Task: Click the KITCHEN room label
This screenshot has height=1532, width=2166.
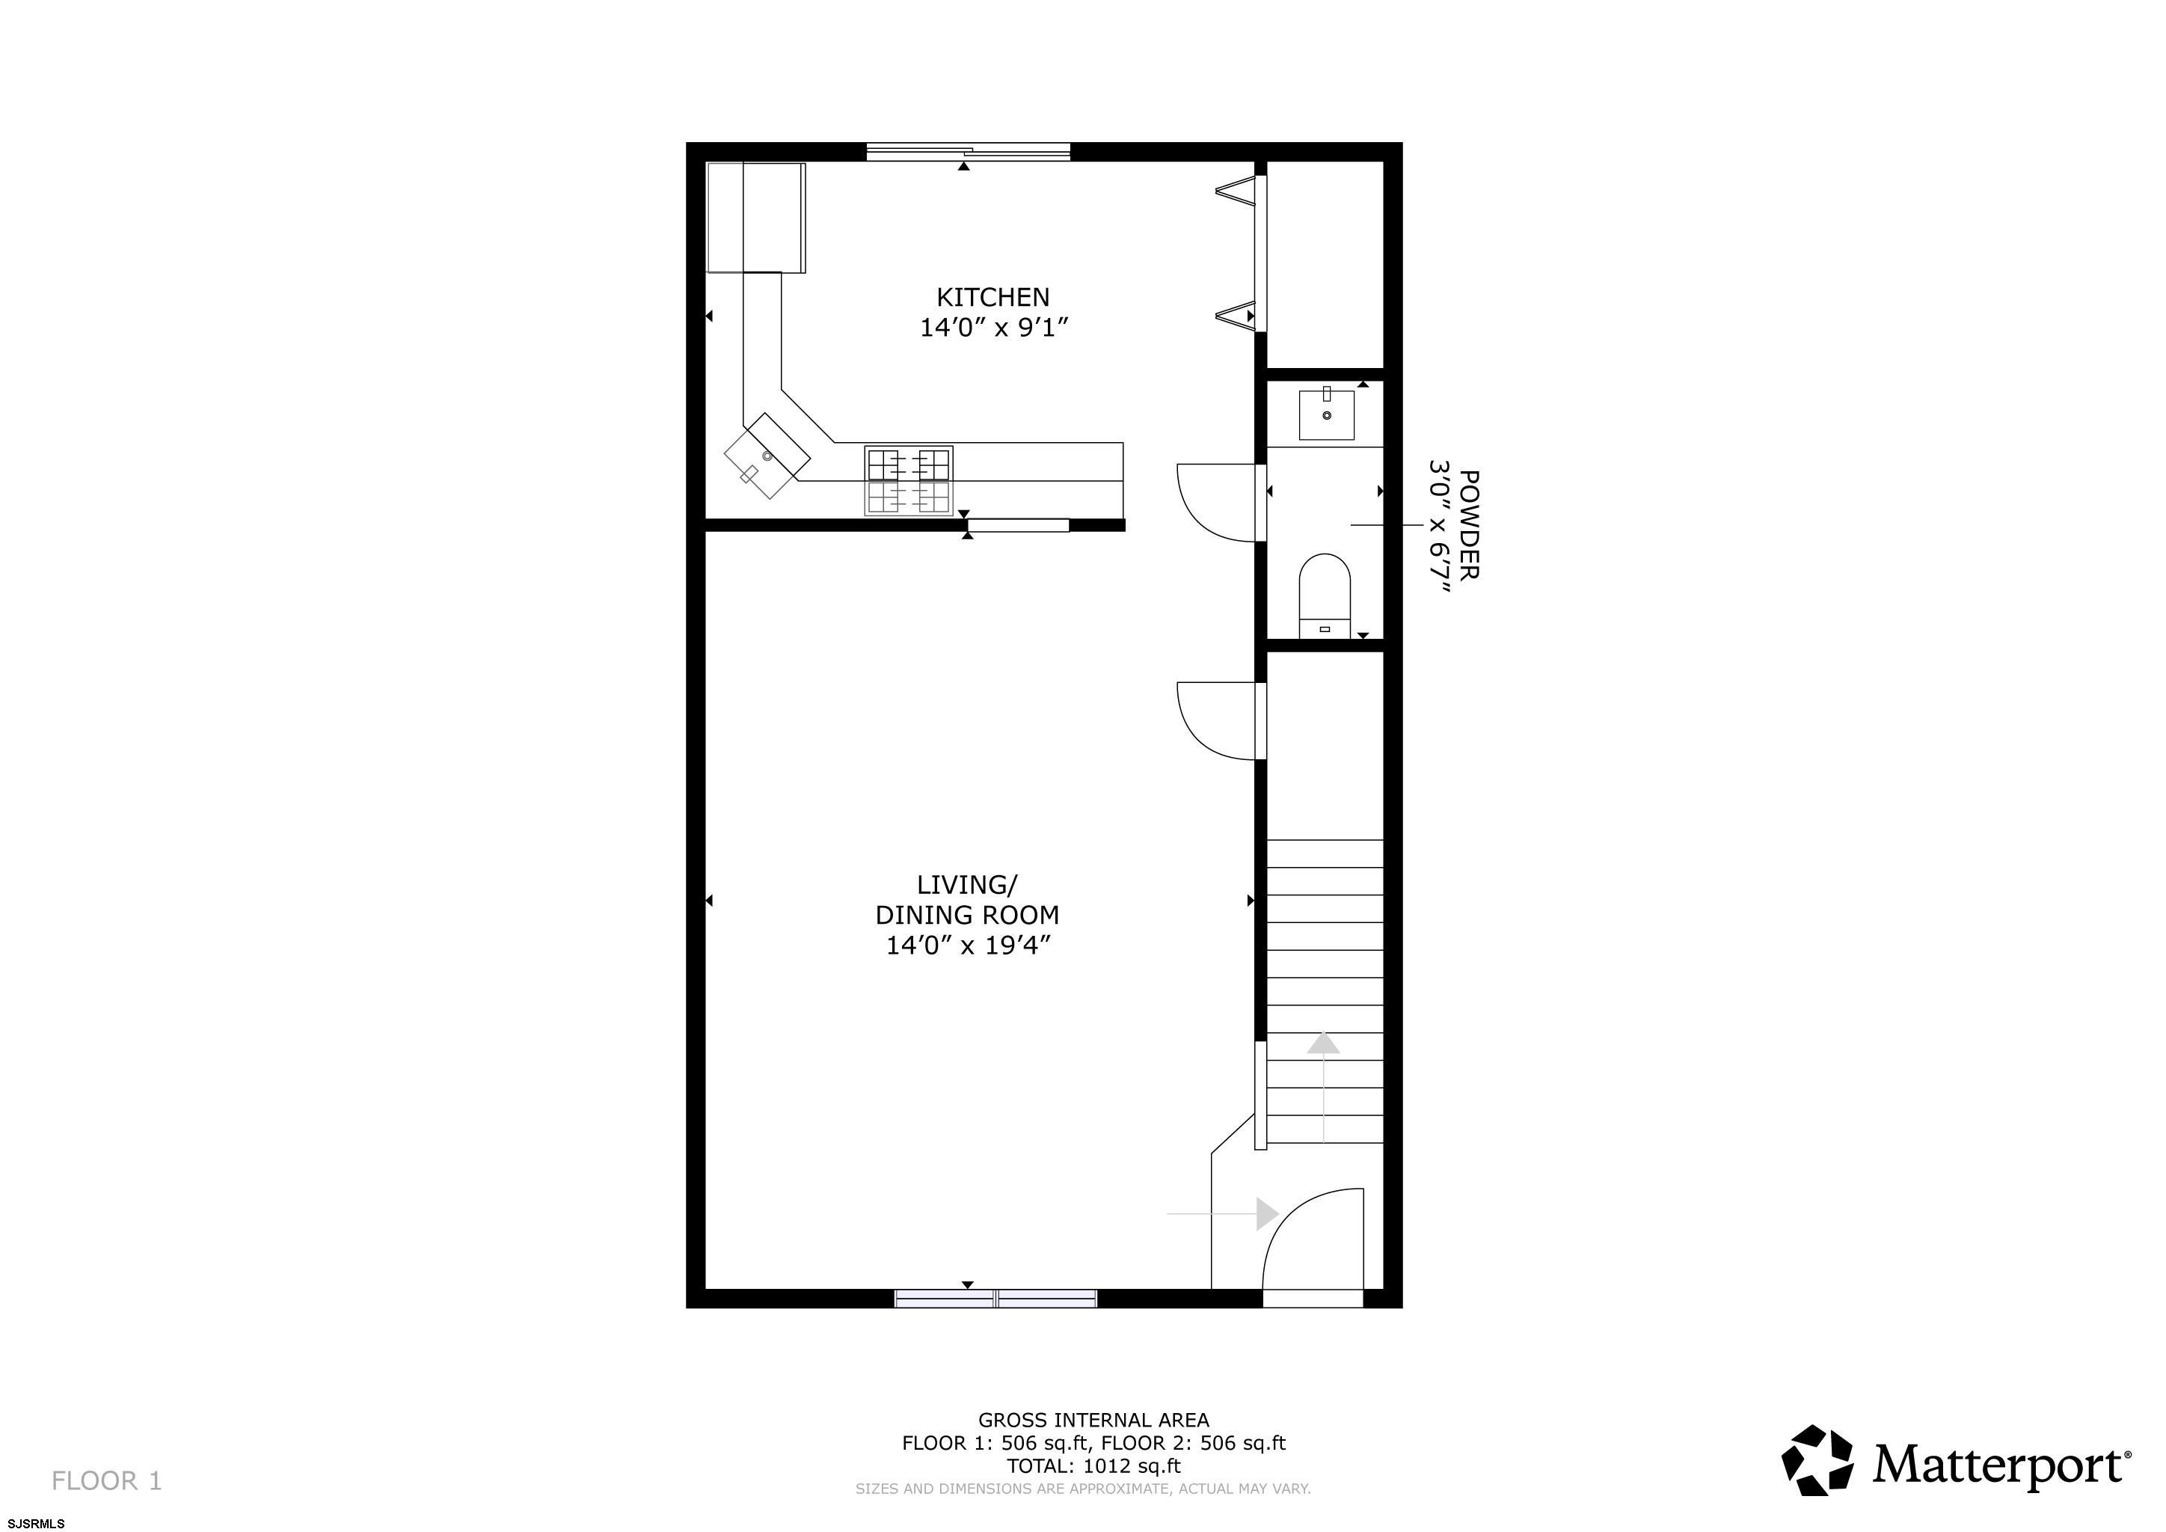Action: (x=993, y=297)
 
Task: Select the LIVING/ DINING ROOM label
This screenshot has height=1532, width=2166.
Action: (x=967, y=900)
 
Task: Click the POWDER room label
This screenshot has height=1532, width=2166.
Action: (x=1469, y=524)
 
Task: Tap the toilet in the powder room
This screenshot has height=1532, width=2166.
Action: (x=1325, y=596)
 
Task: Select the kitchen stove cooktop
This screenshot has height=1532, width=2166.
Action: (x=909, y=481)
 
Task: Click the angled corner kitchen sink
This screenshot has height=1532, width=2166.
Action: (x=767, y=456)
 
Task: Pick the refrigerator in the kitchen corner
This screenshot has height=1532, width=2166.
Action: (x=755, y=218)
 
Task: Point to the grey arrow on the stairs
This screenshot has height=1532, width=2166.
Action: (x=1324, y=1088)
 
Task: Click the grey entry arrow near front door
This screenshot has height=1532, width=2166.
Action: (x=1223, y=1214)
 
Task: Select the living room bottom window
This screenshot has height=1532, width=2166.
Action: (x=995, y=1298)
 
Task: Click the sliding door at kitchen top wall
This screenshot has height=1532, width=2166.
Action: (x=968, y=151)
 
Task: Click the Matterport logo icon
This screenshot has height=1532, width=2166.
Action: (x=1817, y=1460)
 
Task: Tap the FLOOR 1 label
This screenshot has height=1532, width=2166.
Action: (x=107, y=1481)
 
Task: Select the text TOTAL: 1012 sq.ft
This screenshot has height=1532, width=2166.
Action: (x=1093, y=1466)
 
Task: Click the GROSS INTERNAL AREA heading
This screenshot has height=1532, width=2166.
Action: (x=1093, y=1420)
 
